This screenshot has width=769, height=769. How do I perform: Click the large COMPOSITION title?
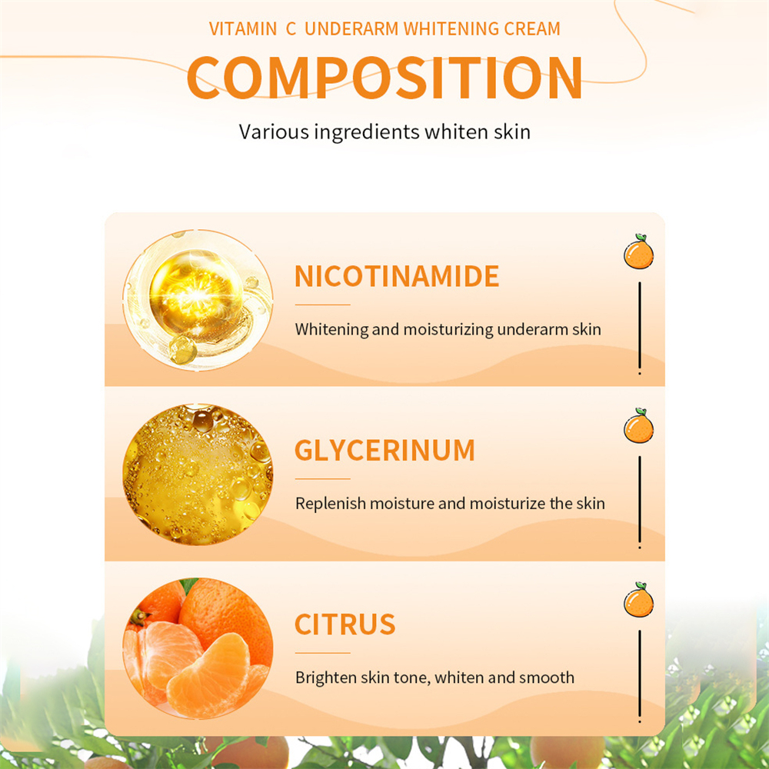(384, 78)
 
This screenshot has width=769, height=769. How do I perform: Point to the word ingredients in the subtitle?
(366, 132)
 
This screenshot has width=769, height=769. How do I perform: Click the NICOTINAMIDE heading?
(396, 276)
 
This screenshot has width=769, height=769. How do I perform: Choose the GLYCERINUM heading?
(384, 450)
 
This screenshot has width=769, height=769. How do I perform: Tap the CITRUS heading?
(345, 624)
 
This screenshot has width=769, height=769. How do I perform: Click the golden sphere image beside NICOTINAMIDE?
(198, 301)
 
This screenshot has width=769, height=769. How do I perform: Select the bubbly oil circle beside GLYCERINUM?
(198, 474)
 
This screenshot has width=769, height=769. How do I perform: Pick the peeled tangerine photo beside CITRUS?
(198, 648)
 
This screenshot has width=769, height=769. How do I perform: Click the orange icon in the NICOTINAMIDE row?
(638, 251)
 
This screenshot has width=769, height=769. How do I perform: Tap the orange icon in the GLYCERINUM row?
(638, 426)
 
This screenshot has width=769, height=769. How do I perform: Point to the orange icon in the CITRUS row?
(638, 600)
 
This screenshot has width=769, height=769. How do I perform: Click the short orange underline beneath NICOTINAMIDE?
(322, 305)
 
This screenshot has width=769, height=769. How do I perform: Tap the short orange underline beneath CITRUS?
(322, 653)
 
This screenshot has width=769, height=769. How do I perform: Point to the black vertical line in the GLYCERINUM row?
(640, 502)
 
